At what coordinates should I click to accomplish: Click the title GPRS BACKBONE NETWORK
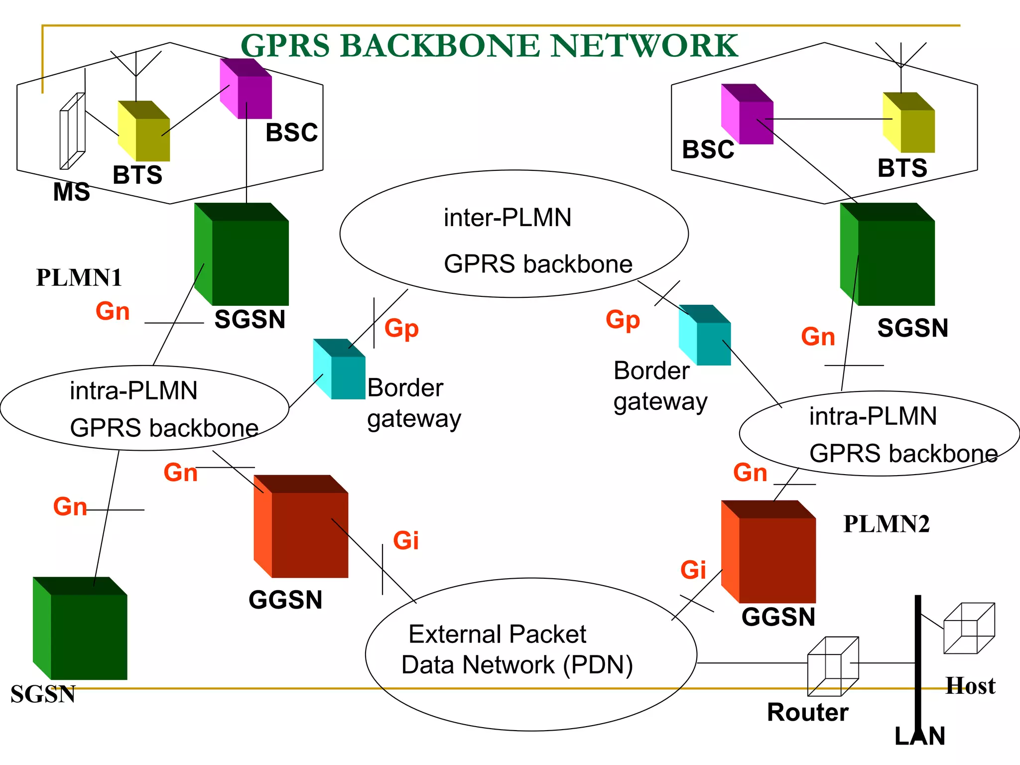pos(489,46)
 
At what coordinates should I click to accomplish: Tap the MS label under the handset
pos(71,192)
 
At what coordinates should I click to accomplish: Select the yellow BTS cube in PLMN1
pos(144,132)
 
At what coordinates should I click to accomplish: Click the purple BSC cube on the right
pos(747,115)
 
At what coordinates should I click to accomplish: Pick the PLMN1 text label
pos(79,278)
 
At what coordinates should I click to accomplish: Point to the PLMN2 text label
pos(886,524)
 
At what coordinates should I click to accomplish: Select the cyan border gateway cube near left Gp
pos(340,370)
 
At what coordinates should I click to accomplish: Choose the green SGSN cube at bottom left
pos(81,629)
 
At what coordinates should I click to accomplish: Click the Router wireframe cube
pos(833,666)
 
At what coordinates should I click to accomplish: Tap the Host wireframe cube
pos(969,629)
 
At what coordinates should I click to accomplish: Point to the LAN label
pos(919,736)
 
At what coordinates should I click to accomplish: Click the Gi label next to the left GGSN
pos(405,541)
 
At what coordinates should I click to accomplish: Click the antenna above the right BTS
pos(900,60)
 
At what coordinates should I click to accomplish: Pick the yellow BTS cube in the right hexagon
pos(909,123)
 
